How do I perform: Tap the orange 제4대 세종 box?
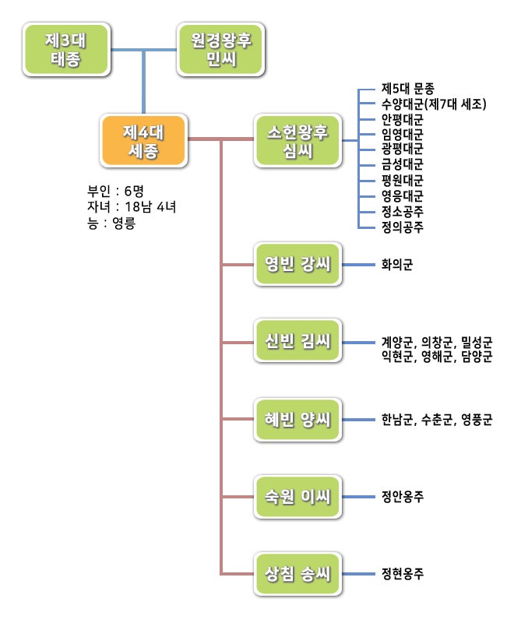(143, 140)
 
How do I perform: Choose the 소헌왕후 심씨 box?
(298, 140)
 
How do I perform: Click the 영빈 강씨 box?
(298, 265)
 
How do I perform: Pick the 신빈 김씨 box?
(298, 341)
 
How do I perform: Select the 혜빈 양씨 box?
(298, 421)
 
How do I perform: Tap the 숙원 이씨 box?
(298, 496)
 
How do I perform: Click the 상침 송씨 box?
(298, 575)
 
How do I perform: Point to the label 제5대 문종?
(408, 89)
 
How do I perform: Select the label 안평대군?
(403, 120)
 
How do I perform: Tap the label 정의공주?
(403, 227)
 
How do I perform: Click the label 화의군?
(397, 265)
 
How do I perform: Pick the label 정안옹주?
(403, 496)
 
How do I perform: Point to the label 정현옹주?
(403, 575)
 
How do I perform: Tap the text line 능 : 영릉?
(111, 222)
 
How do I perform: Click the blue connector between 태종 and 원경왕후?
(143, 51)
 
